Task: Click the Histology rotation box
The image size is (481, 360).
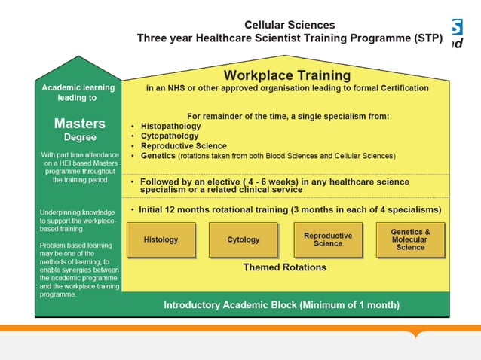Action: pos(161,239)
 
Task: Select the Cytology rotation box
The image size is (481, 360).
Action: pos(243,239)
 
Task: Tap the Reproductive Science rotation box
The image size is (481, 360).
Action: pos(327,239)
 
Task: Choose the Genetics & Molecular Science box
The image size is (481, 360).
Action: pos(410,239)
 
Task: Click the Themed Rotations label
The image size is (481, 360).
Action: pos(284,267)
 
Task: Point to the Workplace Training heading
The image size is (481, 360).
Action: pos(286,75)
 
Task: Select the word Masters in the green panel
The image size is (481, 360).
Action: pos(79,123)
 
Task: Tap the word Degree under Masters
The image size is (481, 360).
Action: pos(79,137)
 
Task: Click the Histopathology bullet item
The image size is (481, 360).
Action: pos(170,127)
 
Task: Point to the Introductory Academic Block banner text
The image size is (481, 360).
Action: pos(281,305)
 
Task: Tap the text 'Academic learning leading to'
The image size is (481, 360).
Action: pos(78,93)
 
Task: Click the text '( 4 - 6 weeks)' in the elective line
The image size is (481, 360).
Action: pos(280,182)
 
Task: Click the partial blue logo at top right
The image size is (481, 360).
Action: pos(457,34)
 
